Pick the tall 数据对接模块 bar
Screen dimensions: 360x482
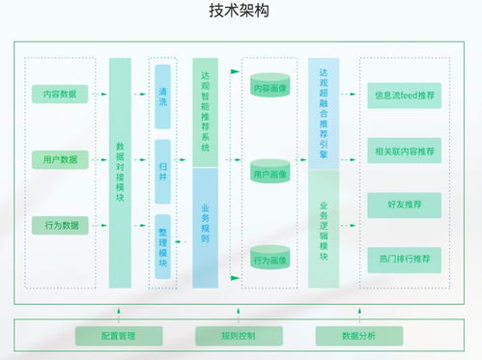click(120, 172)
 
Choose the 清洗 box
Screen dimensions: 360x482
click(162, 97)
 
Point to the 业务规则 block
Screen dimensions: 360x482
click(205, 227)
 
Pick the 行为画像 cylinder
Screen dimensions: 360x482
click(270, 259)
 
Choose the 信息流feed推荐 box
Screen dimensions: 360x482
click(404, 96)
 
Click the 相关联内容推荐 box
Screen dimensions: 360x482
click(404, 150)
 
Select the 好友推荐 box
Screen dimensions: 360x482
click(404, 205)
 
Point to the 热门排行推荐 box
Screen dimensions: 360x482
click(404, 259)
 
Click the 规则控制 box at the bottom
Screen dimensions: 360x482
click(239, 335)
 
